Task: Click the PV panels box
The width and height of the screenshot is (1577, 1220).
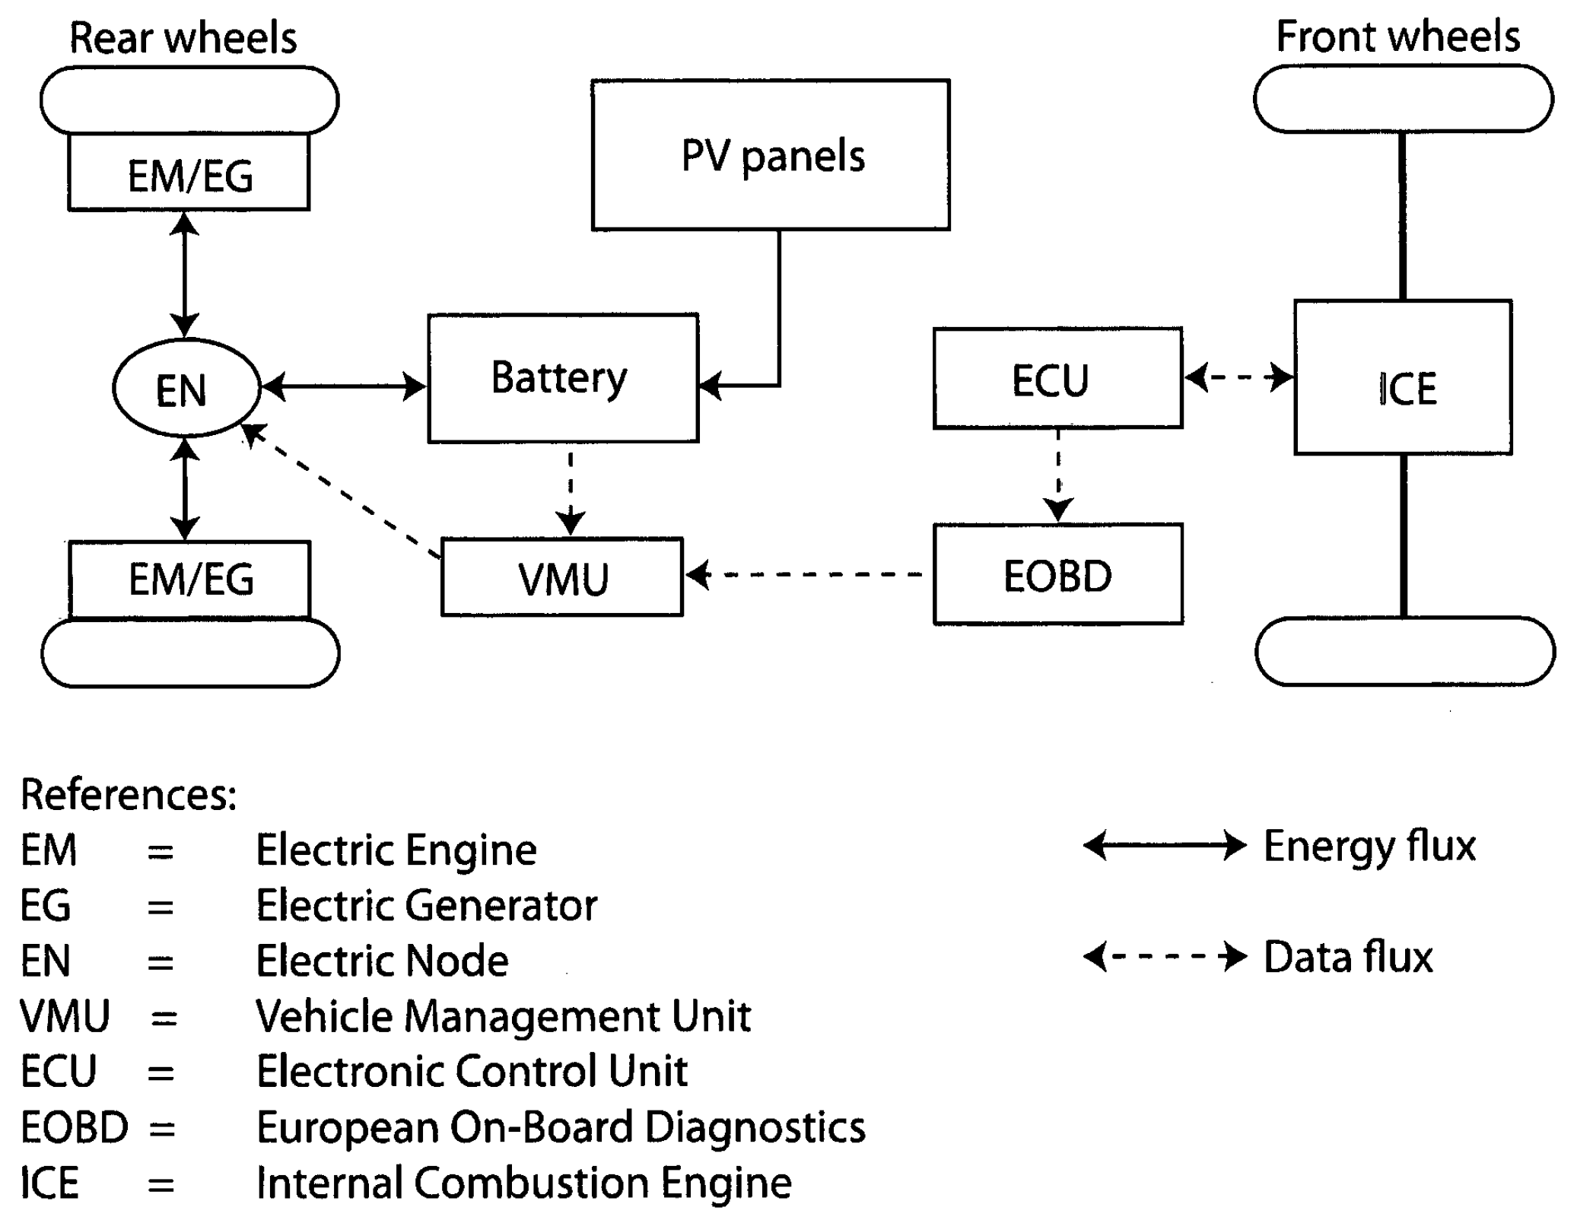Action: pyautogui.click(x=770, y=154)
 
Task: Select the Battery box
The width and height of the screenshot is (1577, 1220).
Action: pyautogui.click(x=562, y=378)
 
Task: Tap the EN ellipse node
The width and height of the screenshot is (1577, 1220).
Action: pyautogui.click(x=186, y=388)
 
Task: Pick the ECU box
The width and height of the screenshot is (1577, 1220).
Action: pyautogui.click(x=1057, y=379)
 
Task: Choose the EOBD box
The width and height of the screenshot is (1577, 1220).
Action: pyautogui.click(x=1057, y=574)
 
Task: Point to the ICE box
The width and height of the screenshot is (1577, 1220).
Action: pyautogui.click(x=1402, y=378)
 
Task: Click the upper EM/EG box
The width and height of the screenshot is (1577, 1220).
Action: pyautogui.click(x=189, y=173)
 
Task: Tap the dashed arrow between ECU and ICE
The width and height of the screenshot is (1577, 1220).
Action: pyautogui.click(x=1238, y=376)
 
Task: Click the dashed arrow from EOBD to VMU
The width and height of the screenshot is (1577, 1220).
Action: pyautogui.click(x=806, y=574)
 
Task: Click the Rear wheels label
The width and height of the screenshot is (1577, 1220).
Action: pyautogui.click(x=183, y=38)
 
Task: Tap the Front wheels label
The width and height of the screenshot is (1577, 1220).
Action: pyautogui.click(x=1397, y=37)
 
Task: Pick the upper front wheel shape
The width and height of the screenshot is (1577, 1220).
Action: pyautogui.click(x=1403, y=99)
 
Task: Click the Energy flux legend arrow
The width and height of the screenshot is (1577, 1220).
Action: pyautogui.click(x=1164, y=846)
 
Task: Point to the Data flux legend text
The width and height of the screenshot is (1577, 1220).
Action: pyautogui.click(x=1347, y=957)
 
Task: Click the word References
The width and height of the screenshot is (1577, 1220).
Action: pyautogui.click(x=128, y=795)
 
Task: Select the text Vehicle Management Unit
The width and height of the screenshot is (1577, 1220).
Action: pyautogui.click(x=503, y=1016)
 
